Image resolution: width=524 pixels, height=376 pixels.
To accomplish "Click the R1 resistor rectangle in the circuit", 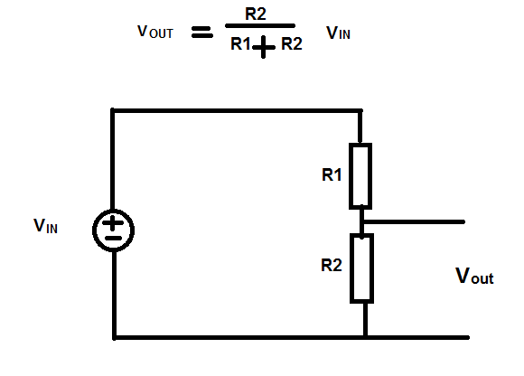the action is (x=350, y=176).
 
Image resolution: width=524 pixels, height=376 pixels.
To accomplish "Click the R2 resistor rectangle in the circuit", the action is (x=351, y=268).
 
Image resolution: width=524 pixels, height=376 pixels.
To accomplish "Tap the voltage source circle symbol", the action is (x=93, y=230).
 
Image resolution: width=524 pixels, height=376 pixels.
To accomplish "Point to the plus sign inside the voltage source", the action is (x=112, y=223).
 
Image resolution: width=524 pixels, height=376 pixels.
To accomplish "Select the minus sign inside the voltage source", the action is (x=113, y=239).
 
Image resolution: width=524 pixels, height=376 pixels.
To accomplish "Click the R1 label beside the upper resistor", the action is (x=332, y=174).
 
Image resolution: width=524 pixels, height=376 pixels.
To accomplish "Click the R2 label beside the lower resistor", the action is (x=332, y=265).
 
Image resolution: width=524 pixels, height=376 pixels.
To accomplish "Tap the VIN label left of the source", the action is (x=45, y=226).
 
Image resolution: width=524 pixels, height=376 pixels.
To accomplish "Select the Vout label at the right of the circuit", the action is (x=474, y=276).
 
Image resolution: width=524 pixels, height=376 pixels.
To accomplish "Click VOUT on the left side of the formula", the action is (x=155, y=32).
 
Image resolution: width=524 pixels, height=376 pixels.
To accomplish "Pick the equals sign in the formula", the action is (x=201, y=33).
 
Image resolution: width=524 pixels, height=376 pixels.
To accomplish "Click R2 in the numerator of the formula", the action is (x=256, y=14).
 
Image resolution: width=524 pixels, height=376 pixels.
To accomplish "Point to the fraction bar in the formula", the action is (x=260, y=25).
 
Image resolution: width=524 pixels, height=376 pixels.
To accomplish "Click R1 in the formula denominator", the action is (x=240, y=43).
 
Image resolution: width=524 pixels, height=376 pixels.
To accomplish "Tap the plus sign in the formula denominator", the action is (x=264, y=47).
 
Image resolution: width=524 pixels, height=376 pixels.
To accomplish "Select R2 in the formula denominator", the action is (x=292, y=43).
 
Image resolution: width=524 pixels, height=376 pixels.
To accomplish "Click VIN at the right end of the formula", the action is (x=338, y=33).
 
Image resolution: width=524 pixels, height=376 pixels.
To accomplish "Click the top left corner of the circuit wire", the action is (x=113, y=110).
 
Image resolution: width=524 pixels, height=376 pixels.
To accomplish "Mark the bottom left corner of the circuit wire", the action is (x=115, y=337).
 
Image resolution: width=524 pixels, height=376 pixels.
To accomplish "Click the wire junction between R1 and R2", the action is (x=362, y=222).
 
